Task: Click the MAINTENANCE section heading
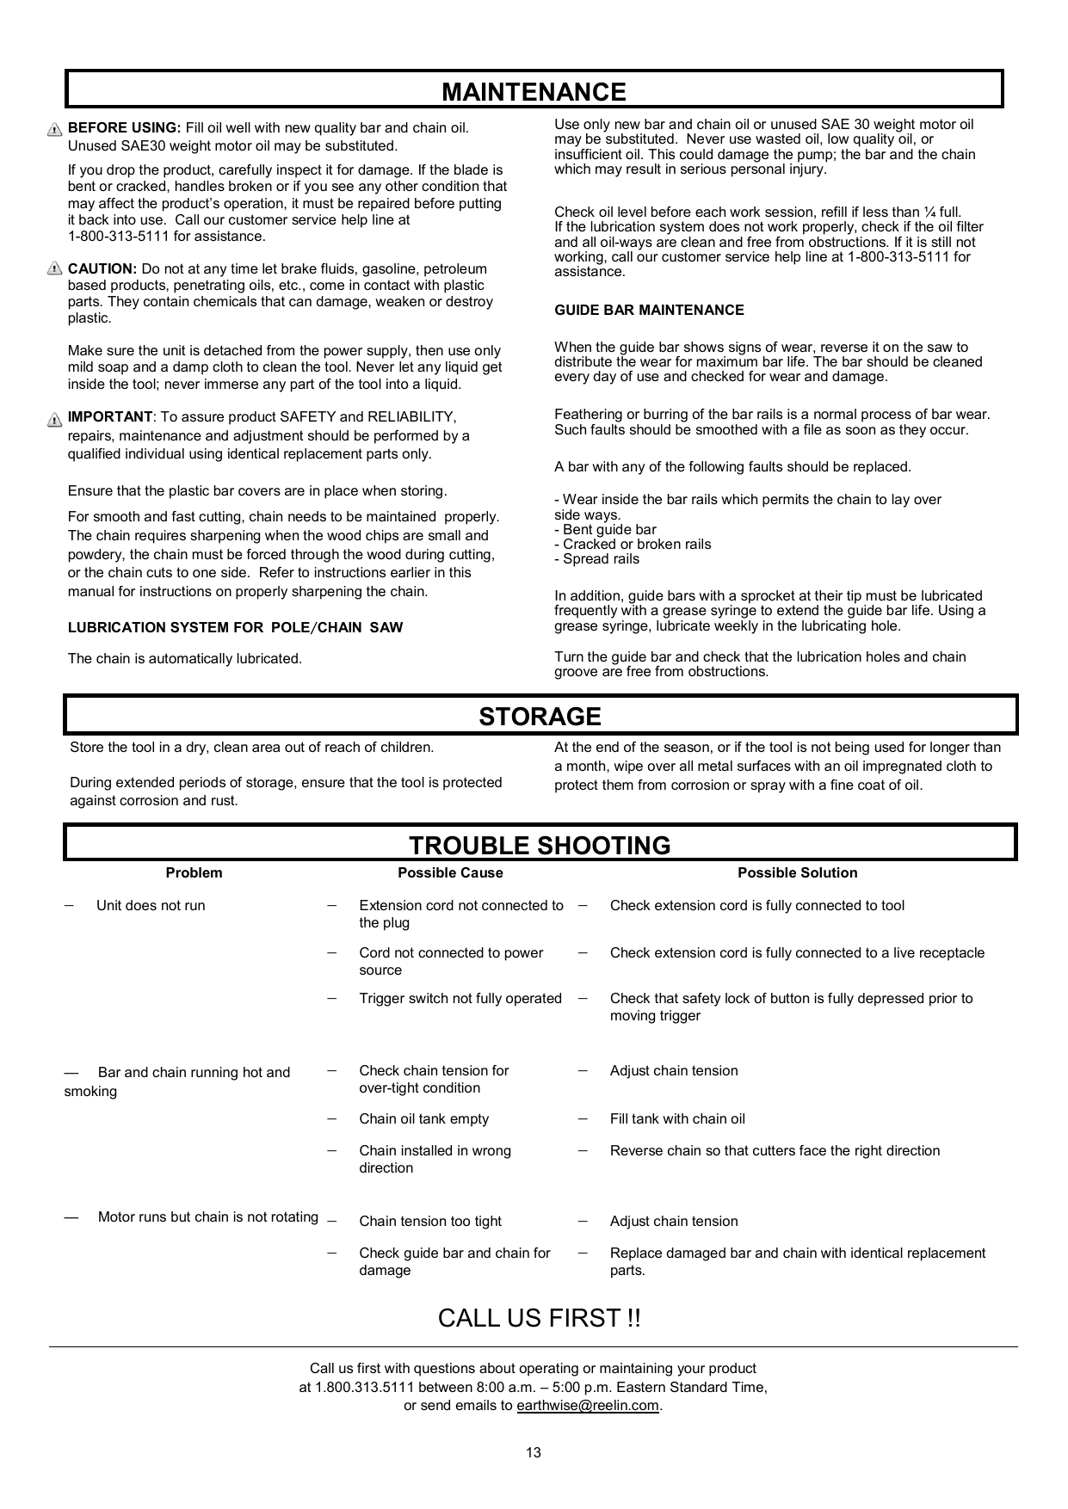pos(534,92)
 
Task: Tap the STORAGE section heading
pos(540,717)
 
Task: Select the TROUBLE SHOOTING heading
pos(540,846)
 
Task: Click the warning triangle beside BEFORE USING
pos(55,129)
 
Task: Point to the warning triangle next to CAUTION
pos(55,269)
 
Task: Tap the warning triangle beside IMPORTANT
pos(55,419)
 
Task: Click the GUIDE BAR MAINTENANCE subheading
pos(649,310)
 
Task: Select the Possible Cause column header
pos(450,872)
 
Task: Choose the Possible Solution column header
pos(797,872)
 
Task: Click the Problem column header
pos(194,872)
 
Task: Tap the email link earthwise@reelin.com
pos(587,1406)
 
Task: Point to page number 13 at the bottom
pos(534,1453)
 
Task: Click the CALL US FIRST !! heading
pos(539,1318)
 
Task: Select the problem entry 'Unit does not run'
pos(151,905)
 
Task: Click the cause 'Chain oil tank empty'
pos(423,1118)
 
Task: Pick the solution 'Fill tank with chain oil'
pos(677,1118)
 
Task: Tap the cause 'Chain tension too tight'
pos(430,1221)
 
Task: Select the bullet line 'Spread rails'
pos(601,559)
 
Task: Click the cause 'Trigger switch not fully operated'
pos(460,998)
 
